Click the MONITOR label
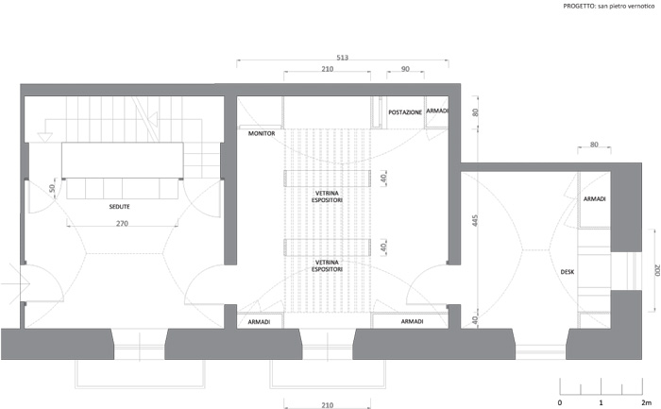262,134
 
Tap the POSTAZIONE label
405,112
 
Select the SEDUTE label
119,207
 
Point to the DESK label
567,272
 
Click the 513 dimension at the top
342,58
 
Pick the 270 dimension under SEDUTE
122,224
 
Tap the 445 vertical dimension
475,220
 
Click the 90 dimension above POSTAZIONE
405,69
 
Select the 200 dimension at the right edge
656,270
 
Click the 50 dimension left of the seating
52,188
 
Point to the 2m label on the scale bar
646,402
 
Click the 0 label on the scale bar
560,402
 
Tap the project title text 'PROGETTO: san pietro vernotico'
609,7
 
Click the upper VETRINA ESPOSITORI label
327,196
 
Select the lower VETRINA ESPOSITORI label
327,265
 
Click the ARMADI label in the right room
594,198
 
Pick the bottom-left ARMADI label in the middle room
259,322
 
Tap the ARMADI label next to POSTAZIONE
436,111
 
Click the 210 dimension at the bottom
327,405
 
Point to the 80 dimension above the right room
594,145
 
